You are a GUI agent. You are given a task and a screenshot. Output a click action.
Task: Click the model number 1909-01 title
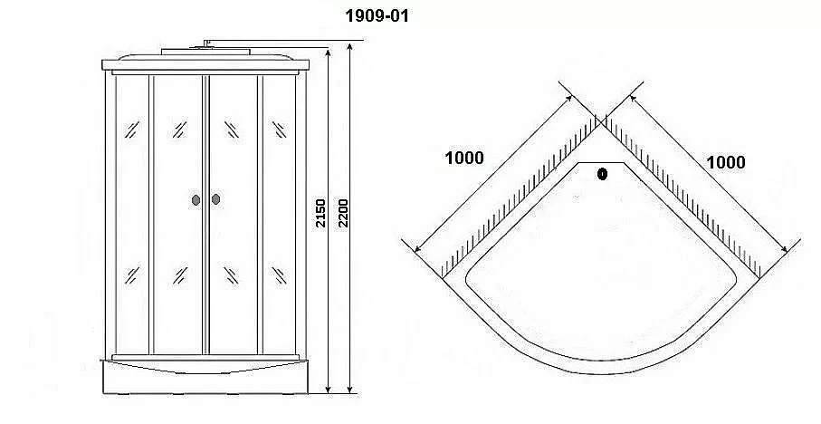tap(377, 15)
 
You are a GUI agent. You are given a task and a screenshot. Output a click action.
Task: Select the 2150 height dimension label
tap(320, 213)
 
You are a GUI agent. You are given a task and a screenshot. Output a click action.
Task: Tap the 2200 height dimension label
tap(342, 213)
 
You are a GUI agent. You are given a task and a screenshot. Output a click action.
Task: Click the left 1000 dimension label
tap(464, 158)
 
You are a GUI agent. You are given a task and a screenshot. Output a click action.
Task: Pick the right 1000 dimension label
tap(726, 162)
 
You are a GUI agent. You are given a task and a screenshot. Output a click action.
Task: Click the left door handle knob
tap(196, 199)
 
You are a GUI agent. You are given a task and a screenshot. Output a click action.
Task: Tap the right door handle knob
tap(215, 199)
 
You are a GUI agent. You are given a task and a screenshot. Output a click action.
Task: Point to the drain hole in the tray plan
tap(602, 174)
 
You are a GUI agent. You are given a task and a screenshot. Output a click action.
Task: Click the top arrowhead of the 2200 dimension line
tap(349, 46)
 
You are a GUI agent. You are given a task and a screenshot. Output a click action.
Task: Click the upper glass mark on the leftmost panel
tap(131, 130)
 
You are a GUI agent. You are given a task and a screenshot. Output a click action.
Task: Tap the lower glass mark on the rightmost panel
tap(279, 275)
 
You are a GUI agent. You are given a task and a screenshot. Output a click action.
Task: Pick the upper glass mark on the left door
tap(179, 130)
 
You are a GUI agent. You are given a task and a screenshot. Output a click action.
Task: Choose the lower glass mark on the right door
tap(231, 275)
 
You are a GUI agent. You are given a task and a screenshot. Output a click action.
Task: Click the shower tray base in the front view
tap(205, 376)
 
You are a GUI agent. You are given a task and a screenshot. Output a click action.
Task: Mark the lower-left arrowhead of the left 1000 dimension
tap(417, 248)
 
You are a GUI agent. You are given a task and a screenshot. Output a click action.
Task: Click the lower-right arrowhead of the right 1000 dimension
tap(783, 248)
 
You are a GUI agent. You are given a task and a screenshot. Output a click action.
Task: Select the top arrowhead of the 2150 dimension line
tap(328, 53)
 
